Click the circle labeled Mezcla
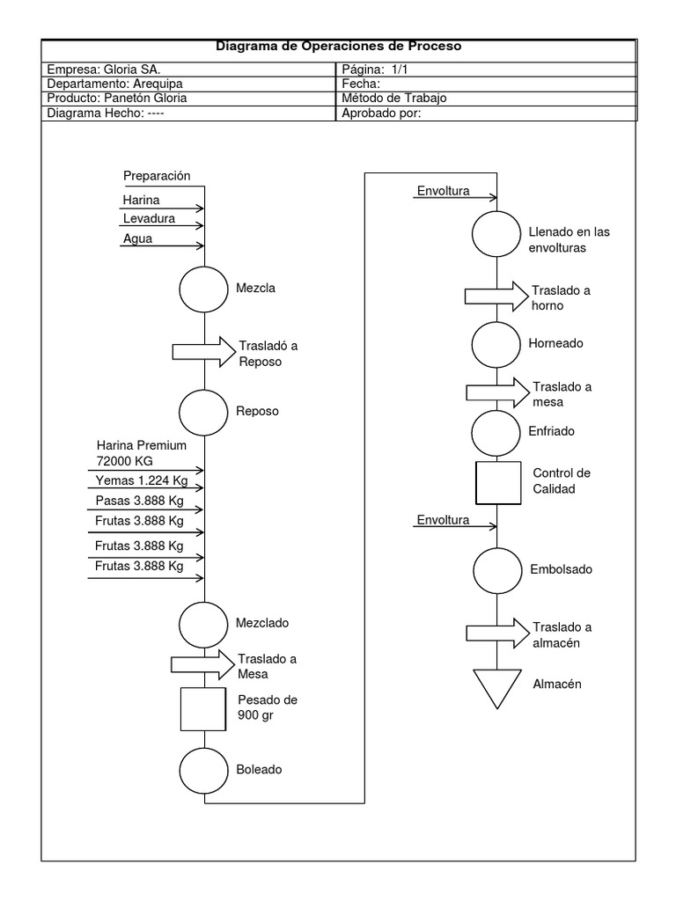[204, 288]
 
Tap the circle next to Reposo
[204, 410]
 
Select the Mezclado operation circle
[204, 623]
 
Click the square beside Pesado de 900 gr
[204, 708]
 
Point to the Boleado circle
[204, 770]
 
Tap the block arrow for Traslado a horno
[496, 295]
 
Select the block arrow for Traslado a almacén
[496, 633]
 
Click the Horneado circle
[496, 344]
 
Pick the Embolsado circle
[497, 569]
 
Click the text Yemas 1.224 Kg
[142, 480]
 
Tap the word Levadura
[149, 218]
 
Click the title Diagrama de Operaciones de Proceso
[338, 47]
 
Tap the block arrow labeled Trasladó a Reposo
[203, 351]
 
